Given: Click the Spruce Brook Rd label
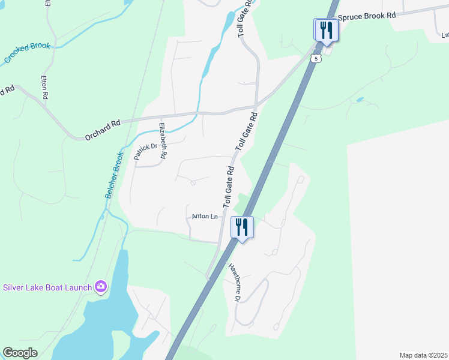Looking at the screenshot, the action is coord(367,16).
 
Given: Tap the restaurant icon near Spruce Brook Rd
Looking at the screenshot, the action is coord(326,29).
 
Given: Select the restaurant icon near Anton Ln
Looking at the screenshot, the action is coord(242,227).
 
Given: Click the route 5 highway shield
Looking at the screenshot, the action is coord(316,58).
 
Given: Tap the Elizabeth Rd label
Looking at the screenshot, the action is coord(163,141).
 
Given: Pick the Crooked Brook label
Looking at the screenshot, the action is coord(28,53).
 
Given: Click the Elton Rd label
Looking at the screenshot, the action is coord(44,87).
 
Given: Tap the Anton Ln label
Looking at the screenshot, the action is coord(205,217).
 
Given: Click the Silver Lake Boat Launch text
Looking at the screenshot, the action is coord(47,287).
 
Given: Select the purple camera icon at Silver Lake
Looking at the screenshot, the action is coord(100,287).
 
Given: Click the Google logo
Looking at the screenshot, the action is coord(20,353).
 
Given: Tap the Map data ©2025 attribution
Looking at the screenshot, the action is coord(423,355).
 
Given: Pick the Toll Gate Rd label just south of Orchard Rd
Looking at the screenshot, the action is coord(246,131).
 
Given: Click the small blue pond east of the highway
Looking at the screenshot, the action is coord(360,99).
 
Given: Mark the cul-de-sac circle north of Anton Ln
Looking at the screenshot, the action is coord(193,183).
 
